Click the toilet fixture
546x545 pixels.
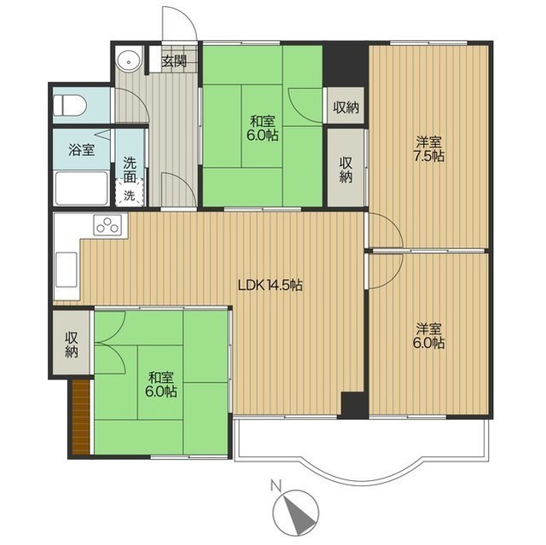70,105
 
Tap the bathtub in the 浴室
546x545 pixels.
82,188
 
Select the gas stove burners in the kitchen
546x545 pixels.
107,224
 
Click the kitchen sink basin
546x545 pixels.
67,270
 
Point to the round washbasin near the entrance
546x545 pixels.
129,61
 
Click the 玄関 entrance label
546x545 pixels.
174,61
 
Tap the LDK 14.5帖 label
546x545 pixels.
270,286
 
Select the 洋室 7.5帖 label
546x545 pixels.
428,149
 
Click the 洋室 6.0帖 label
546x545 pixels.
428,336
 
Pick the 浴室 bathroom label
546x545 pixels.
82,150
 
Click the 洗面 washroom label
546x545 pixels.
130,171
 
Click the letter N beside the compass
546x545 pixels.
276,485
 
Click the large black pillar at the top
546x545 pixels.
346,65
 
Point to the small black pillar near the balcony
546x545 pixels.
354,405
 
